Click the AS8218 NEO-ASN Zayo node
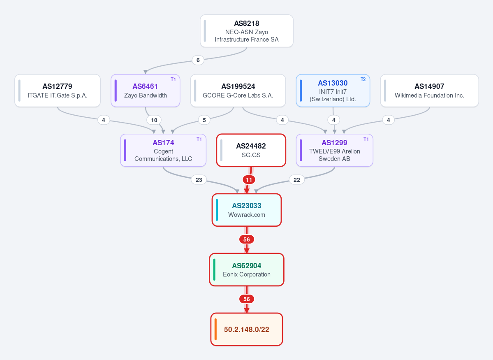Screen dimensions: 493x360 tap(247, 31)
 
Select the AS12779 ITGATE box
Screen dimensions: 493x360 tap(58, 91)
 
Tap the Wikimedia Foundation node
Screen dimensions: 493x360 tap(430, 91)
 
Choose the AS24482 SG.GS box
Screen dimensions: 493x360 tap(251, 150)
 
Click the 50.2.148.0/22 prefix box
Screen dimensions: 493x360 tap(247, 329)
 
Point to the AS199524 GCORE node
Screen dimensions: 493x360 tap(238, 91)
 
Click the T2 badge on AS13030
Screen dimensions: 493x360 tap(363, 79)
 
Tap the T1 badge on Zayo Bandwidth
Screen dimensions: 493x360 tap(173, 79)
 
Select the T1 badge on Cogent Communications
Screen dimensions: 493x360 tap(199, 139)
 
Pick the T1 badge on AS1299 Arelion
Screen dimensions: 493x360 tap(366, 139)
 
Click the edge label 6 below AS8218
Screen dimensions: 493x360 tap(198, 60)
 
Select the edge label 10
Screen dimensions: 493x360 tap(154, 120)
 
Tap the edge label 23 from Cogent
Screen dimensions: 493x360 tap(199, 180)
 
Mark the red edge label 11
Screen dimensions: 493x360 tap(249, 180)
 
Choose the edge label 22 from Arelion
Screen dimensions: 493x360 tap(297, 180)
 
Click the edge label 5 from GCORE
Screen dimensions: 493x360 tap(204, 120)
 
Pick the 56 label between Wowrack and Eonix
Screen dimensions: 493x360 tap(247, 239)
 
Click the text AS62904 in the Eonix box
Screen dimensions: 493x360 tap(247, 266)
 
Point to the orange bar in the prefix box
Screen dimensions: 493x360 tap(216, 329)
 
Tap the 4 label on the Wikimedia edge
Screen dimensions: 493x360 tap(388, 120)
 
